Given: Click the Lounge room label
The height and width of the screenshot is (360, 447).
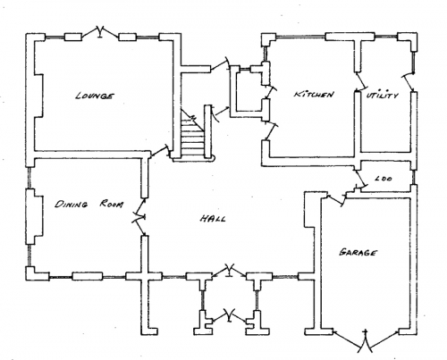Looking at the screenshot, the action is tap(94, 96).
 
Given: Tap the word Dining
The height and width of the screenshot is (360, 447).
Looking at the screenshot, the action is tap(72, 205).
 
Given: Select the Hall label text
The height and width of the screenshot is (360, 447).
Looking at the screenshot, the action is tap(213, 219).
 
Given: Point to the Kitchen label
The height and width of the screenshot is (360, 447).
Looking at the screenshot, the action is tap(314, 95).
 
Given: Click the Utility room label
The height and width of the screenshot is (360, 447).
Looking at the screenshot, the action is tap(383, 96).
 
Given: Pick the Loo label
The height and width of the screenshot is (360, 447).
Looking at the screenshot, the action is tap(384, 179).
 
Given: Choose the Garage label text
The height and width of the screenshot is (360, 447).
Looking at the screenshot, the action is tap(358, 253).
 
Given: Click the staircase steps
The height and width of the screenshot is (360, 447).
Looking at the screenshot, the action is tap(192, 136).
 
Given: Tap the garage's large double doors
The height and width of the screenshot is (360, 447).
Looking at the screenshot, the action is tap(366, 341).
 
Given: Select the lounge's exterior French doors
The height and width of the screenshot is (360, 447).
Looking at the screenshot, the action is tap(100, 32).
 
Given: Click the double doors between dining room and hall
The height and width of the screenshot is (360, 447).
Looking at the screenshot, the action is tap(139, 217).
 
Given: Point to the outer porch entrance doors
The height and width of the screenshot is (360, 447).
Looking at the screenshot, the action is tap(229, 316).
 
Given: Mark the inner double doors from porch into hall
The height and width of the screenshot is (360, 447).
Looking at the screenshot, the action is tap(229, 270).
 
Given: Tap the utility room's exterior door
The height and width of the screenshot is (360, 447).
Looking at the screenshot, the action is tap(409, 81).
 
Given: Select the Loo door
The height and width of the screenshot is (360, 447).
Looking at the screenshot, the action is tap(360, 178).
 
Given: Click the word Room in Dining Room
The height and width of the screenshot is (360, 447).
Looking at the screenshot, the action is tap(111, 205).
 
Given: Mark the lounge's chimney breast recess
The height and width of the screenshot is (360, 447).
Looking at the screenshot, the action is tap(38, 96).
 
